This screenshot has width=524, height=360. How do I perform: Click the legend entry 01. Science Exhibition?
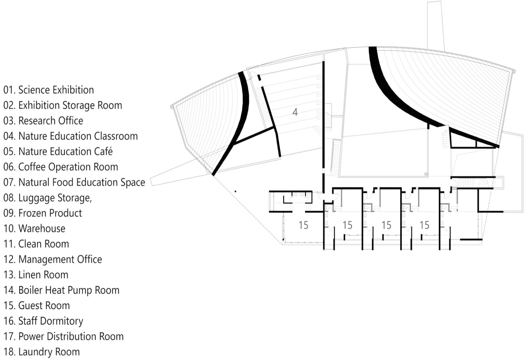click(x=49, y=90)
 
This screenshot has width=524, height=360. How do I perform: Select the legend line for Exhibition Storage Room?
click(x=63, y=105)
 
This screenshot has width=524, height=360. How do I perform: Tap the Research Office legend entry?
click(x=43, y=121)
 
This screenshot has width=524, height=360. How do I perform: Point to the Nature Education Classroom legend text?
click(x=71, y=136)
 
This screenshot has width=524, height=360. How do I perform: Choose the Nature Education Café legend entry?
click(x=58, y=152)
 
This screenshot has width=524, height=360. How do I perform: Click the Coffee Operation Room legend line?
click(x=61, y=167)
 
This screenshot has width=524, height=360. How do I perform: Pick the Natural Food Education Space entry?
click(x=74, y=183)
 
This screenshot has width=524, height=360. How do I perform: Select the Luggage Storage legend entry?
click(x=48, y=198)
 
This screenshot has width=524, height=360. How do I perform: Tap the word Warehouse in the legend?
click(x=42, y=229)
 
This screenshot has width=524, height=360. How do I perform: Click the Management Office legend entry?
click(x=53, y=260)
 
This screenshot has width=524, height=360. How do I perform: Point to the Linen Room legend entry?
click(x=36, y=275)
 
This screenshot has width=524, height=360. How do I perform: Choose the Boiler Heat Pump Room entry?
click(x=62, y=290)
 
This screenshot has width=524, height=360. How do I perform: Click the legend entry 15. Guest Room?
click(x=37, y=306)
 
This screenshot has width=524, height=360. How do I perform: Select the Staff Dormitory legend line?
click(x=43, y=321)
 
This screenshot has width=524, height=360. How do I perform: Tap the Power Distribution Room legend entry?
click(x=63, y=337)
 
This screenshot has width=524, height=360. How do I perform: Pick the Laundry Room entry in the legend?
click(x=42, y=352)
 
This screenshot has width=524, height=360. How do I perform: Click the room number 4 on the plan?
click(x=295, y=112)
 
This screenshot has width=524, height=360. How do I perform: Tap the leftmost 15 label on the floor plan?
click(x=303, y=225)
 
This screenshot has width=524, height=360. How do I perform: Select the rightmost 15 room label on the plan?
click(x=424, y=225)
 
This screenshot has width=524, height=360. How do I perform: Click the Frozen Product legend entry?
click(x=43, y=213)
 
